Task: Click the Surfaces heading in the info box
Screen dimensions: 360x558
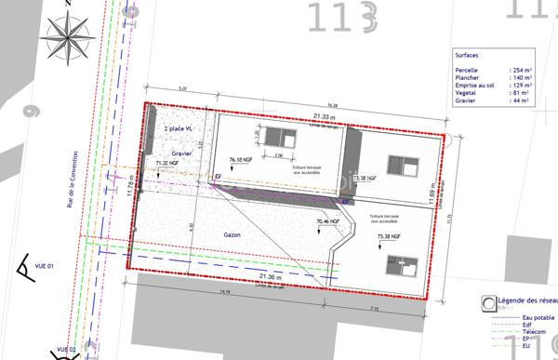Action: click(x=466, y=54)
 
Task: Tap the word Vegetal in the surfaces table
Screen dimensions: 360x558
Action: click(x=467, y=92)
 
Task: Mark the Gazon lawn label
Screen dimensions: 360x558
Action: click(x=232, y=235)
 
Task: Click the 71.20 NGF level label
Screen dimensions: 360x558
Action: click(x=166, y=163)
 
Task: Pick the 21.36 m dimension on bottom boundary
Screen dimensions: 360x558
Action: click(x=272, y=277)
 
